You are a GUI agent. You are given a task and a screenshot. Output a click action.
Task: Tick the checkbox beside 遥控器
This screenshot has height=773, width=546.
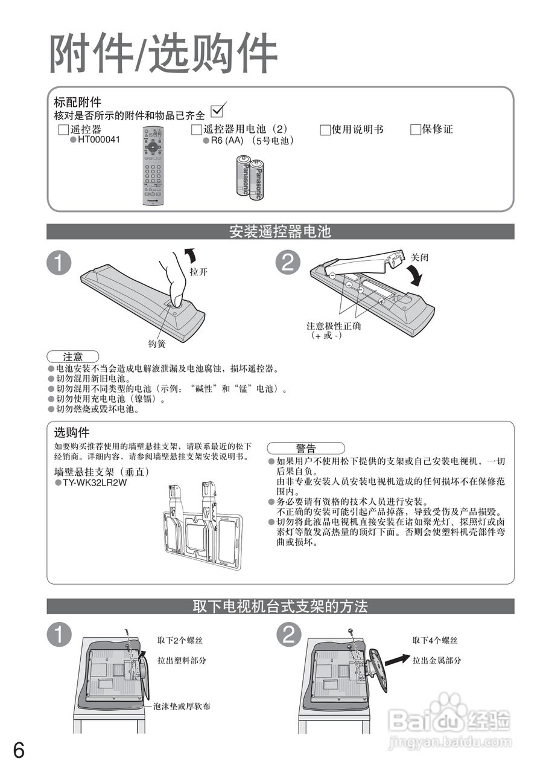click(x=63, y=130)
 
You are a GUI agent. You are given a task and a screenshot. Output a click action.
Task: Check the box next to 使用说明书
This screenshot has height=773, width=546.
click(x=325, y=130)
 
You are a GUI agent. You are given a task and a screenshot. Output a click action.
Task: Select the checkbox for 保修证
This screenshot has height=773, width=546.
click(x=415, y=130)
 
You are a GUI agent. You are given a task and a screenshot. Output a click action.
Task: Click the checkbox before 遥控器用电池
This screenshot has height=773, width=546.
click(x=196, y=130)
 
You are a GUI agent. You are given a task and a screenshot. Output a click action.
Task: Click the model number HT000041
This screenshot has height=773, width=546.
click(x=99, y=140)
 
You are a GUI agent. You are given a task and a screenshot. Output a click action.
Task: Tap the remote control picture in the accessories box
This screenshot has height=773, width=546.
click(x=153, y=166)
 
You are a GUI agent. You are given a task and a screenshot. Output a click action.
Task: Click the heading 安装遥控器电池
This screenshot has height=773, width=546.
click(x=280, y=231)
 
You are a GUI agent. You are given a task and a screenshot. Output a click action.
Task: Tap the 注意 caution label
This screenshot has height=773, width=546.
click(x=73, y=356)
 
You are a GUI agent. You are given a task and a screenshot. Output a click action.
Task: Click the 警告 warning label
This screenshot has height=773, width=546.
click(x=306, y=448)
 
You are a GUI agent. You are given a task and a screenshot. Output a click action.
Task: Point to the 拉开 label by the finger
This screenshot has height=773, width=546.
click(x=198, y=272)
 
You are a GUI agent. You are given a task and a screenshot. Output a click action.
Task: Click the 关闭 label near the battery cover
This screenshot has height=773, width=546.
click(x=419, y=257)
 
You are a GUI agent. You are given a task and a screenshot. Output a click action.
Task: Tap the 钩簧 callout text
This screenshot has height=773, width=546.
click(x=157, y=344)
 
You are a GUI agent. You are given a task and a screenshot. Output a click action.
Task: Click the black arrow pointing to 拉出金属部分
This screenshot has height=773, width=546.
click(x=398, y=660)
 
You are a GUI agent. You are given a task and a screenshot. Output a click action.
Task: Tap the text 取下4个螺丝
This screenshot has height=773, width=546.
click(x=435, y=641)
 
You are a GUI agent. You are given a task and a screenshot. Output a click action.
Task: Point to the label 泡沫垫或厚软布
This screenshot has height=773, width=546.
click(x=182, y=706)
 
